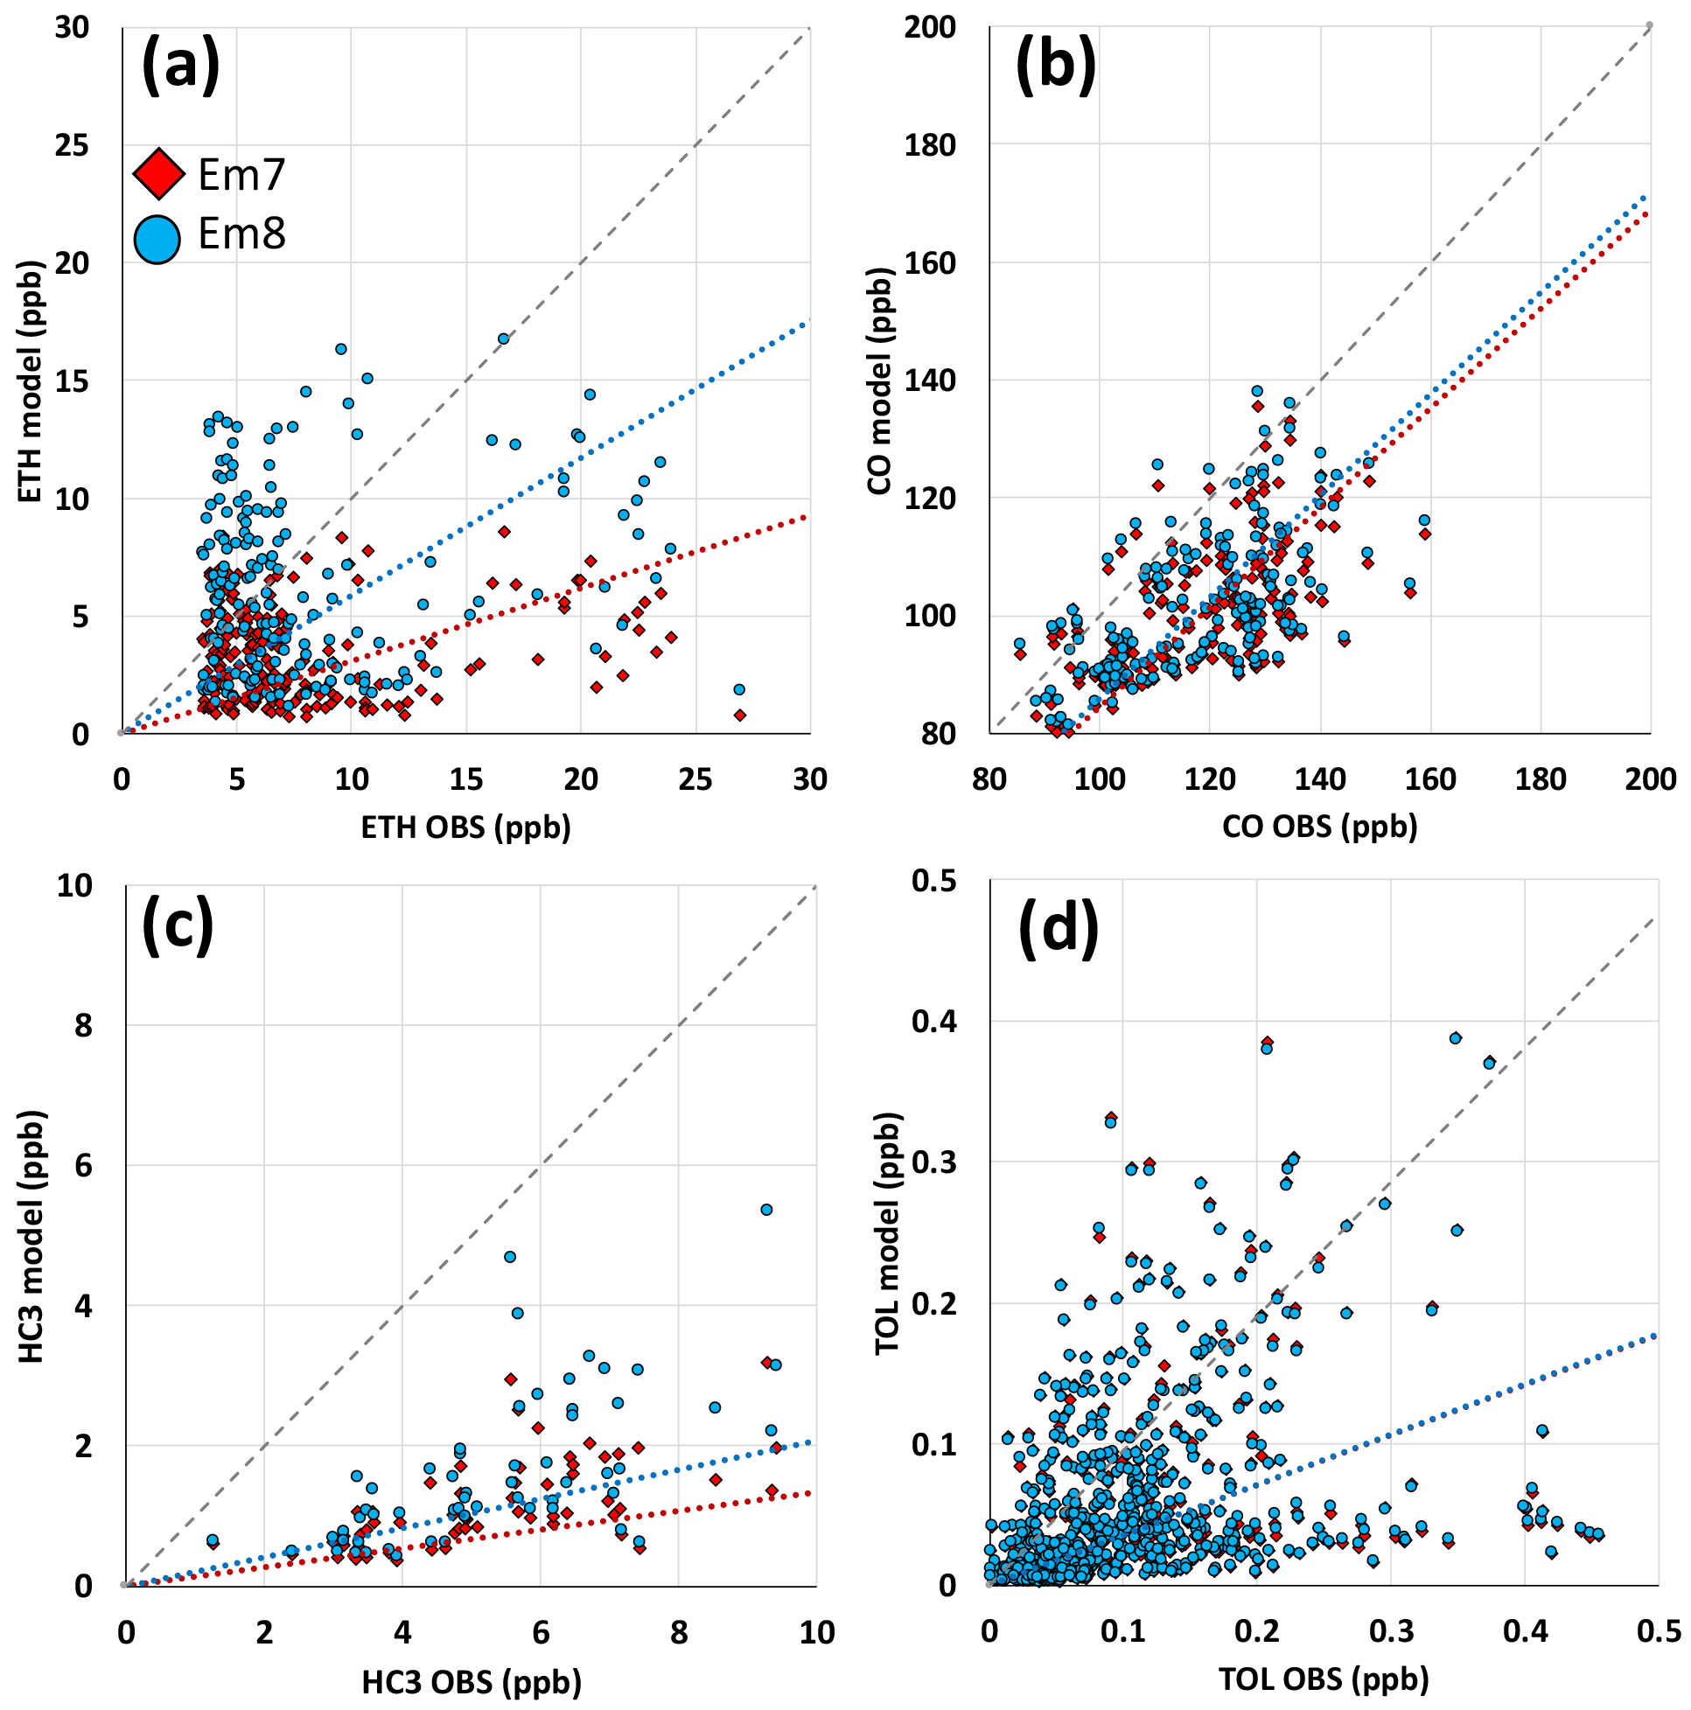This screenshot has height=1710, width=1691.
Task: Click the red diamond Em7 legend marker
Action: [x=159, y=173]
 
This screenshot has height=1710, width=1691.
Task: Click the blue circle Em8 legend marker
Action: [x=157, y=238]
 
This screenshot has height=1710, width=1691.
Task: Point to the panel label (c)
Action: [x=178, y=925]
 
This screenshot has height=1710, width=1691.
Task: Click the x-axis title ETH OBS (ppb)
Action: [x=465, y=827]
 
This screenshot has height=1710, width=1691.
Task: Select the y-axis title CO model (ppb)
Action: [x=879, y=380]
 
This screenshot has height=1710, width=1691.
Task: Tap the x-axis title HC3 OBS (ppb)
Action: [x=471, y=1682]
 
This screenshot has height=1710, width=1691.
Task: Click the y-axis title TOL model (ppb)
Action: [x=886, y=1234]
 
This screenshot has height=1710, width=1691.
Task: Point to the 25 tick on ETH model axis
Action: [x=72, y=145]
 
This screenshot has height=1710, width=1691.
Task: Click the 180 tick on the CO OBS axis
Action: [x=1541, y=778]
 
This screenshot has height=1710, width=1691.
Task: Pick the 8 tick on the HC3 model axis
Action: [x=82, y=1026]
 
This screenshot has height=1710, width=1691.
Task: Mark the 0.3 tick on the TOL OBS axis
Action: [x=1391, y=1631]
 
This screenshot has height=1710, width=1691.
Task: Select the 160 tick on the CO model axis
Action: [x=930, y=263]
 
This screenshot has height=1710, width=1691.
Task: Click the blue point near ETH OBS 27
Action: [x=739, y=689]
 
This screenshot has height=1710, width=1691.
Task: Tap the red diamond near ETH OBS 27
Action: [x=740, y=715]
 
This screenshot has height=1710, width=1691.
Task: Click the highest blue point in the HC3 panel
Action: [x=766, y=1210]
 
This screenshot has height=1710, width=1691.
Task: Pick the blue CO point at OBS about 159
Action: [x=1424, y=520]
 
